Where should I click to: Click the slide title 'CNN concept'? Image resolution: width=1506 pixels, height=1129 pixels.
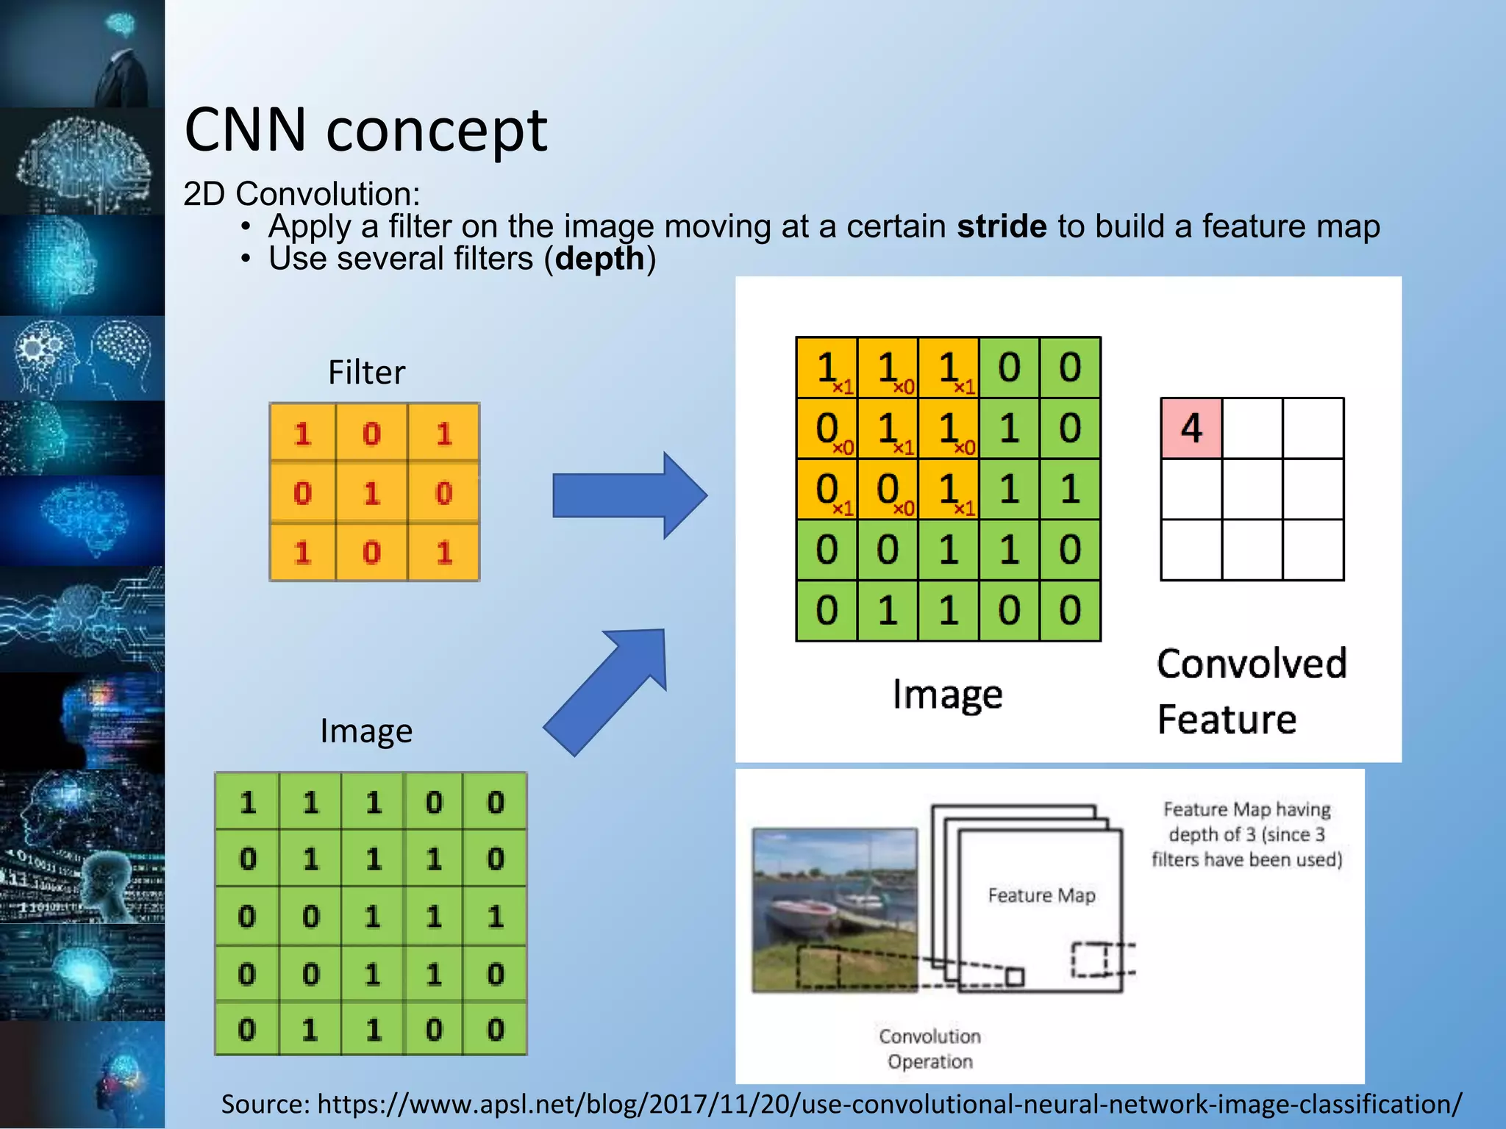point(365,130)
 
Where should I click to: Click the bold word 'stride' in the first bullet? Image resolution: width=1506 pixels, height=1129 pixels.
point(1001,226)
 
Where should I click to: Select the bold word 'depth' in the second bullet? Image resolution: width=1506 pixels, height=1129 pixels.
point(599,259)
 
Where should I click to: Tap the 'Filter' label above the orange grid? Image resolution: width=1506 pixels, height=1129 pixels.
point(366,373)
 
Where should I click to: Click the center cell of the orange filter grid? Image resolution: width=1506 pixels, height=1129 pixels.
point(372,492)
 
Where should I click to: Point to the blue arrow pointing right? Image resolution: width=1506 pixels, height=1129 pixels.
point(629,495)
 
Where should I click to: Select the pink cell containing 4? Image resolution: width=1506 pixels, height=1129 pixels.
point(1191,429)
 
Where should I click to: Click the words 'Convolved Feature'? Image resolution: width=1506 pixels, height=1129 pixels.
point(1250,691)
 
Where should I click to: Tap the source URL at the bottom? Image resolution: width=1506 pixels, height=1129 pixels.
point(841,1104)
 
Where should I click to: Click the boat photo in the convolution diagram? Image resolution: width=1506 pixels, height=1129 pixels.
point(835,910)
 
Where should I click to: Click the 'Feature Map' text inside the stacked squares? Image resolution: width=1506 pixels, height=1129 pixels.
point(1041,895)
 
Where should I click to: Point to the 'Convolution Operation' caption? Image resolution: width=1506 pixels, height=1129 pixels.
point(929,1049)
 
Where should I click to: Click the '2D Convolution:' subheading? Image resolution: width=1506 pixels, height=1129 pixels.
point(301,194)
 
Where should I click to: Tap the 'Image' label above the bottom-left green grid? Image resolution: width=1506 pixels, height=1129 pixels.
point(366,731)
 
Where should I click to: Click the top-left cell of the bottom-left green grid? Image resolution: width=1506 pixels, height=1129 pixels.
point(248,802)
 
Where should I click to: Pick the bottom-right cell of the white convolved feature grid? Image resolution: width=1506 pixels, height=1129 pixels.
point(1313,550)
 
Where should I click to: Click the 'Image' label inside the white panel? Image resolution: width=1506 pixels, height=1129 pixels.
point(947,695)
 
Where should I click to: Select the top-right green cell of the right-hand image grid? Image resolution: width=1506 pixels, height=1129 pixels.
point(1070,368)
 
